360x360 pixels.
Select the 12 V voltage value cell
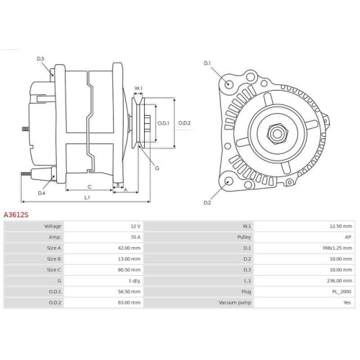(x=134, y=226)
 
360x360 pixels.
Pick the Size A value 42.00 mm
(x=128, y=248)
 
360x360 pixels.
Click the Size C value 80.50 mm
(x=128, y=270)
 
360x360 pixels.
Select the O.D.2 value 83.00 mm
(x=128, y=303)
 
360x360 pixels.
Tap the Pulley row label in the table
(x=243, y=237)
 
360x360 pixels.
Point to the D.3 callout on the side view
(x=40, y=58)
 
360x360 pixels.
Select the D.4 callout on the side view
(x=41, y=193)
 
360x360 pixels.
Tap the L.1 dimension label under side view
(x=87, y=197)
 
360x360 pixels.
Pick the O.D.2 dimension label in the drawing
(x=184, y=122)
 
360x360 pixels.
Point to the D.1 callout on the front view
(x=207, y=63)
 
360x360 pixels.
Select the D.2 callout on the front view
(x=207, y=203)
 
